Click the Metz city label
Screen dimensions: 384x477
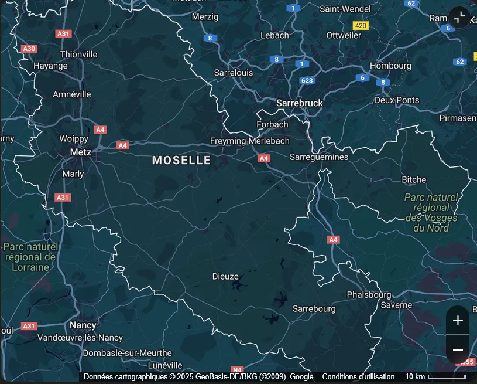[80, 152]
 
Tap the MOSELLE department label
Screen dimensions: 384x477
[181, 160]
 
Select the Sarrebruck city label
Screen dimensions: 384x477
[299, 103]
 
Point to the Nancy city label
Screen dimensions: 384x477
[83, 325]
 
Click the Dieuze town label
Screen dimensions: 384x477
[225, 277]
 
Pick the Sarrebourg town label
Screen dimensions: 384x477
[314, 308]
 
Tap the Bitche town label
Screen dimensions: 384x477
[414, 179]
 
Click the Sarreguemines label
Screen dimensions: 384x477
[319, 157]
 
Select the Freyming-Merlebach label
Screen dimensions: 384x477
[249, 141]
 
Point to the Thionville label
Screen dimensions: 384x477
[78, 55]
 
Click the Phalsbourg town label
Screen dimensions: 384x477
[369, 294]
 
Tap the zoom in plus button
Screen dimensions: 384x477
[458, 320]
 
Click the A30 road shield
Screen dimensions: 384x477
[29, 49]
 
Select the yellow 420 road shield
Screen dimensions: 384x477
[361, 26]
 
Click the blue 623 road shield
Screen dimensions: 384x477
[307, 80]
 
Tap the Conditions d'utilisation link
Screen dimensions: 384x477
[358, 376]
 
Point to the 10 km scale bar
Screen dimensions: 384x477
[447, 376]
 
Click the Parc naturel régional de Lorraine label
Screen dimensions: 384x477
[29, 257]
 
